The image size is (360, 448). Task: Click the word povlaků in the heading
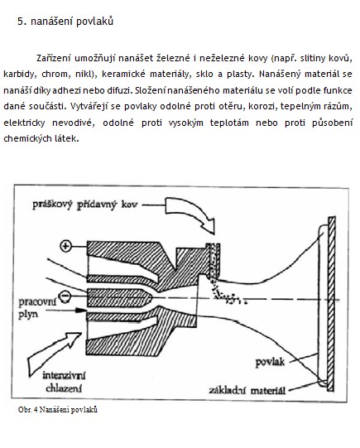tap(95, 22)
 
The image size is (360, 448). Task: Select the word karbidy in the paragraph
tap(20, 75)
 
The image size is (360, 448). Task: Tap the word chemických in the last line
tap(25, 139)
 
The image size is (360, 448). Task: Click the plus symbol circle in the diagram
tap(65, 246)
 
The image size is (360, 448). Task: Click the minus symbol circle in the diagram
tap(65, 296)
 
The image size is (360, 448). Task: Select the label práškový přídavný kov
tap(84, 205)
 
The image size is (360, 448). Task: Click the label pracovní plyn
tap(37, 308)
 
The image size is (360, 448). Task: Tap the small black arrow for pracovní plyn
tap(66, 310)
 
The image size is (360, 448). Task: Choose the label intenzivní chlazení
tap(64, 382)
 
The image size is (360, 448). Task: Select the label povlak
tap(270, 362)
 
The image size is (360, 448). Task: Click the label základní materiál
tap(247, 390)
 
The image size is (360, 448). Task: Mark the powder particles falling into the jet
tap(227, 294)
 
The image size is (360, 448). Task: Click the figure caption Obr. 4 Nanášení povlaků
tap(58, 410)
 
